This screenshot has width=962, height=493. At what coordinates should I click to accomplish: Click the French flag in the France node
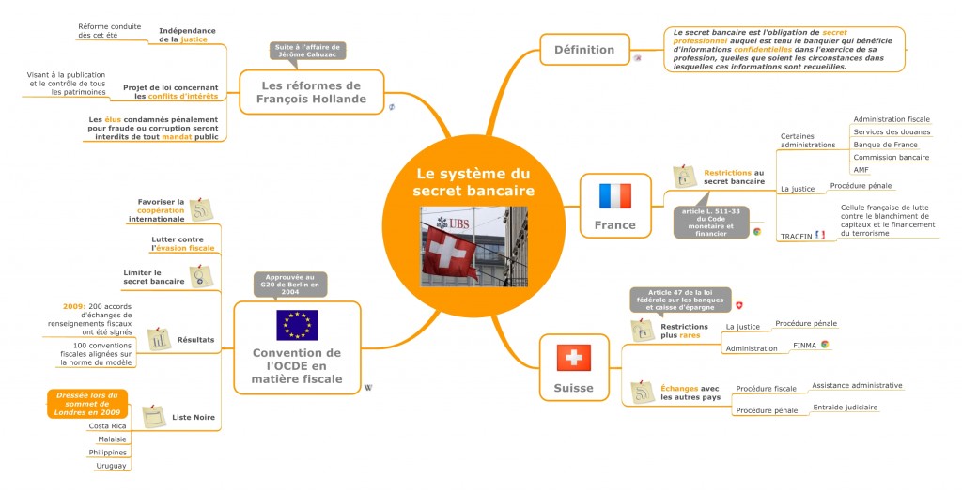point(615,196)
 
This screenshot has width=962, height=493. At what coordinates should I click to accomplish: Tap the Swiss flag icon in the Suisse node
point(573,358)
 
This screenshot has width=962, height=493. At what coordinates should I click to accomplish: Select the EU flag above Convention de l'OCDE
point(297,324)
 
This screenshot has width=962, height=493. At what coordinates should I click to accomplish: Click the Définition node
point(584,49)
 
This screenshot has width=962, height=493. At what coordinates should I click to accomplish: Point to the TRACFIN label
point(797,235)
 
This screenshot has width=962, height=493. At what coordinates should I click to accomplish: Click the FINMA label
point(804,346)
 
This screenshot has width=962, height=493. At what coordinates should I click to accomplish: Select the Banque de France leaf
point(885,145)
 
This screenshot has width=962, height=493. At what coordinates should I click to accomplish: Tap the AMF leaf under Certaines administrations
point(861,170)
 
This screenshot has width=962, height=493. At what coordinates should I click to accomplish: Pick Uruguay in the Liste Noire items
point(111,466)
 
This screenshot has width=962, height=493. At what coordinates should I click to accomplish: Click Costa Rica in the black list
point(107,425)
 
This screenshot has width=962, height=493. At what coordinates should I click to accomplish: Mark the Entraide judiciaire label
point(845,408)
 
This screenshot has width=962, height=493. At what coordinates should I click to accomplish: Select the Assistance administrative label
point(857,385)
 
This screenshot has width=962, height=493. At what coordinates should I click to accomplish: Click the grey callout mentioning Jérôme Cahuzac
point(309,51)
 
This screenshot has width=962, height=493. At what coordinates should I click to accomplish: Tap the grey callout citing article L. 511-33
point(710,223)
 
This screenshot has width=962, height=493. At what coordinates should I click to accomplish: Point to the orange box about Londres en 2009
point(87,404)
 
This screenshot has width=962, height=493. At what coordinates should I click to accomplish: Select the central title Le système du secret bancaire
point(473,183)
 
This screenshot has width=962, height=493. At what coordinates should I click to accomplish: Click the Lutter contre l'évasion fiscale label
point(182,243)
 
